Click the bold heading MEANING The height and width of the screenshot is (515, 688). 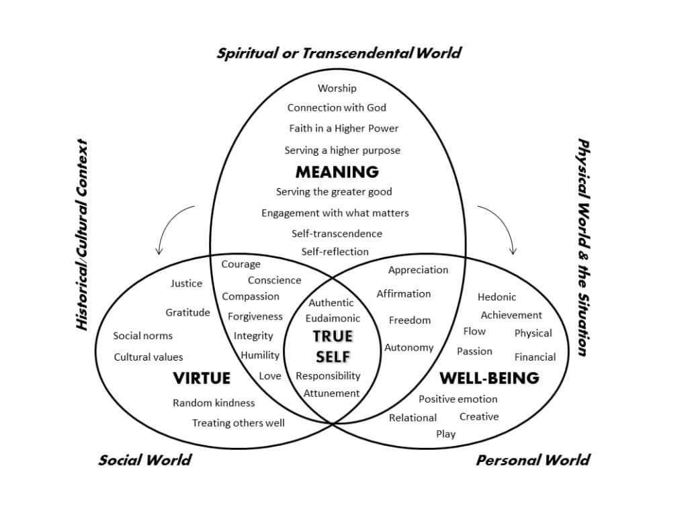pos(337,171)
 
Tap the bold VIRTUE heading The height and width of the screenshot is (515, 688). pos(202,378)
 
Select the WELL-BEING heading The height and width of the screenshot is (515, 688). pos(489,378)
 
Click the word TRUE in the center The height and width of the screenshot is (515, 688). pos(333,336)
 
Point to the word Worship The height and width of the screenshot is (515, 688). pos(337,88)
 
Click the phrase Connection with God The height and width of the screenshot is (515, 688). pos(337,107)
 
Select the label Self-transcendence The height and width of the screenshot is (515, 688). pos(337,234)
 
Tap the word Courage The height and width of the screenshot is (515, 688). pos(241,264)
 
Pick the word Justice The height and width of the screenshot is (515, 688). pos(187,283)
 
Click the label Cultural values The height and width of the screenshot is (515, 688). pos(148,357)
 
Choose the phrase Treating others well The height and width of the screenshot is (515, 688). pos(239,423)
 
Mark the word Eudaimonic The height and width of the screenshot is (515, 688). pos(333,318)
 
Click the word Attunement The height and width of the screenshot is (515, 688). pos(332,393)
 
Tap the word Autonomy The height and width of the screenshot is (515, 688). pos(409,347)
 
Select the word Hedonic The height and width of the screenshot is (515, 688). pos(497,297)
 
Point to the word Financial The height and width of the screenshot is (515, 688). pos(535,357)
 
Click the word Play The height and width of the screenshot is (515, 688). pos(446,434)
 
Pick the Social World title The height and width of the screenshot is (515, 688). pos(145,460)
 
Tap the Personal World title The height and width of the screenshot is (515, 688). pos(533,460)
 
